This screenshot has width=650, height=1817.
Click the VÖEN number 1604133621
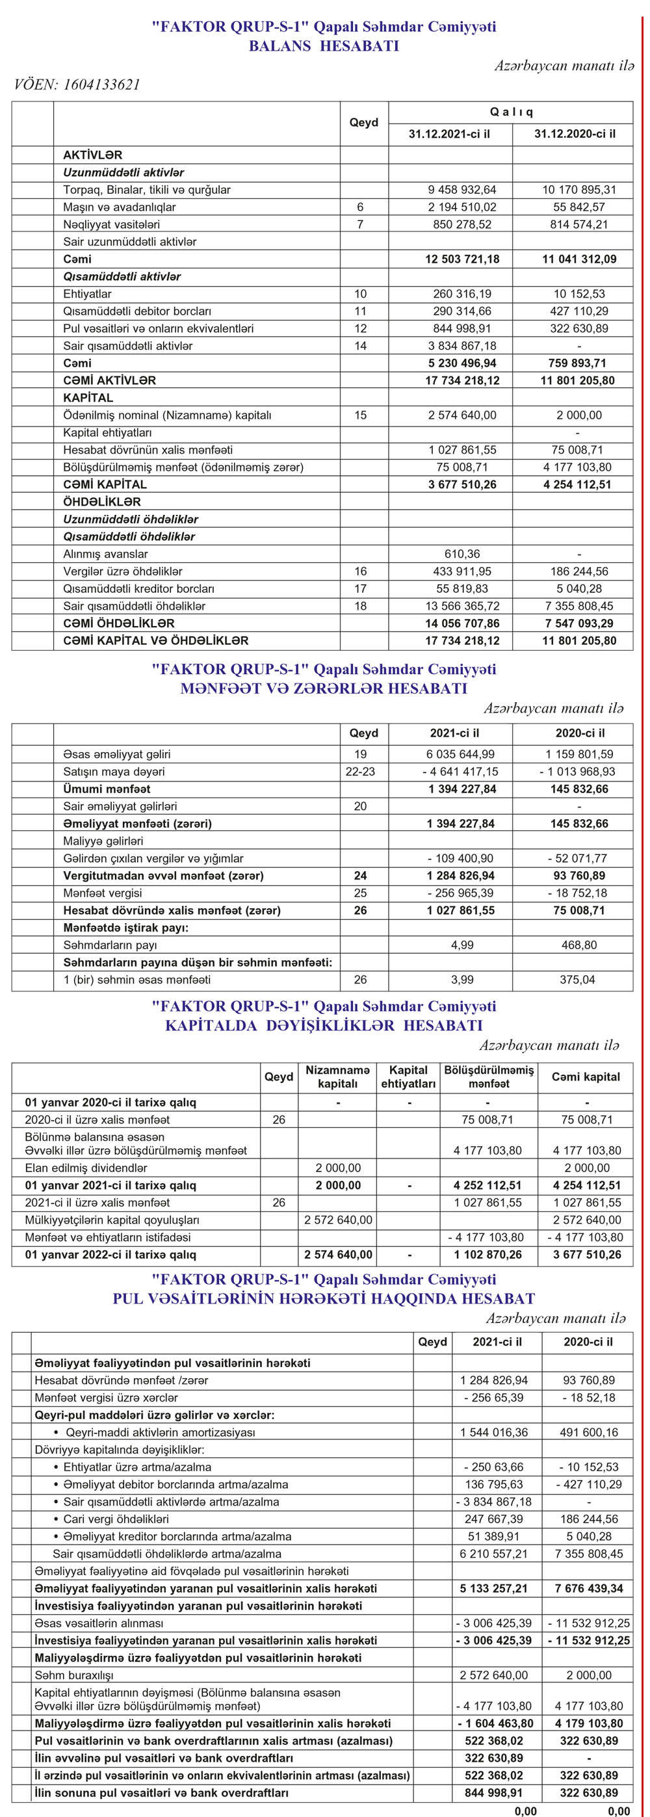[x=101, y=85]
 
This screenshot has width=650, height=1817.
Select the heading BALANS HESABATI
[x=324, y=47]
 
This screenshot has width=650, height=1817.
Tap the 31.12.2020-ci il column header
[x=575, y=133]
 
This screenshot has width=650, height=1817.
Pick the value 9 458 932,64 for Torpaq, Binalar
[x=461, y=190]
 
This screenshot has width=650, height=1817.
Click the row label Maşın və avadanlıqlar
[x=120, y=207]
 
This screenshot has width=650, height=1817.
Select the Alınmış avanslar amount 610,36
[x=461, y=555]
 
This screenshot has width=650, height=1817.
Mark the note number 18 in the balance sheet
[x=360, y=606]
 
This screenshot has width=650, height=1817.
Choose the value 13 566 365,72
[x=461, y=606]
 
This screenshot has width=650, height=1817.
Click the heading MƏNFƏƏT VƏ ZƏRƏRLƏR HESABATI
[x=324, y=688]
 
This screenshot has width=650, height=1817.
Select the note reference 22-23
[x=360, y=772]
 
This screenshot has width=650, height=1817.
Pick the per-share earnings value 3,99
[x=461, y=980]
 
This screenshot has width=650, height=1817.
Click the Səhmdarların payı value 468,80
[x=578, y=945]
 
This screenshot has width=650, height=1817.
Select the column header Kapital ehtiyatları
[x=408, y=1077]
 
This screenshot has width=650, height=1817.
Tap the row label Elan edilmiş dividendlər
[x=86, y=1168]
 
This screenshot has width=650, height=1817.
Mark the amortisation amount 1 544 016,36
[x=493, y=1433]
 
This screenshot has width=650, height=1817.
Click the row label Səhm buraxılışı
[x=74, y=1675]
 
